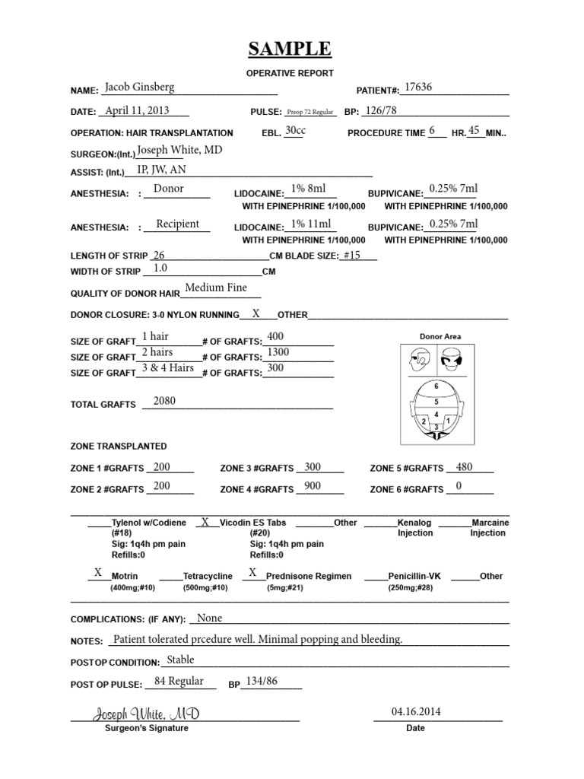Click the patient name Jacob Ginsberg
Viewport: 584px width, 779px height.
(139, 87)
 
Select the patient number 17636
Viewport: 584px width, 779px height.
(418, 87)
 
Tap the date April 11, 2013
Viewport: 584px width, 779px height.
(137, 110)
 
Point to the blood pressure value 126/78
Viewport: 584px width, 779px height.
(381, 110)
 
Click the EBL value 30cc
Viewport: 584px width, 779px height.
(295, 131)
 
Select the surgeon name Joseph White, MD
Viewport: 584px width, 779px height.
(179, 151)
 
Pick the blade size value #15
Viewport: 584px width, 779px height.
(351, 255)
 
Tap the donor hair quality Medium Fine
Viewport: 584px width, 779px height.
(216, 288)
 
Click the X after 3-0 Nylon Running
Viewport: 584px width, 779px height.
(256, 313)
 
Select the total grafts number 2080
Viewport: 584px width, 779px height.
(164, 401)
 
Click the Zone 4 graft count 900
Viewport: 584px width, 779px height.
(312, 485)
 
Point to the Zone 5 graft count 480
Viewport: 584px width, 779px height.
(465, 466)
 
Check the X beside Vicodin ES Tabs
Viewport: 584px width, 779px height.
(205, 522)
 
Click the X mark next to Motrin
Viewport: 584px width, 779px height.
(97, 572)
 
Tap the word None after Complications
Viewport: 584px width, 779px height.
(209, 618)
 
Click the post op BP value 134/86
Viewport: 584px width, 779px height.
(260, 681)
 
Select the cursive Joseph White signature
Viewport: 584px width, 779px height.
(147, 714)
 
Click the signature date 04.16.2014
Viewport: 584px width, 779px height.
(416, 712)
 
